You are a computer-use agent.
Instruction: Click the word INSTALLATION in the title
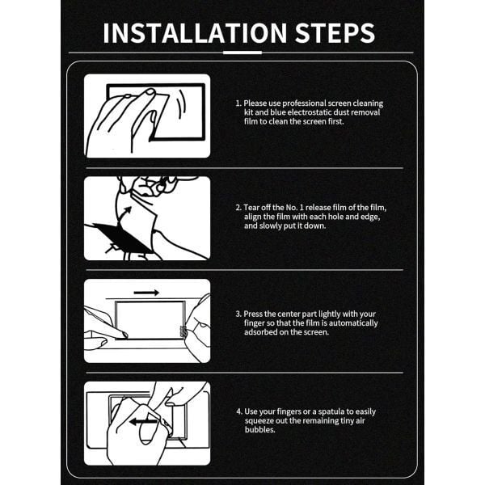(195, 33)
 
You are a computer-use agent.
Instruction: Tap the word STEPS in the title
(335, 33)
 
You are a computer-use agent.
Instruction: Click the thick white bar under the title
(242, 53)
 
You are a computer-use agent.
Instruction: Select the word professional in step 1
(304, 103)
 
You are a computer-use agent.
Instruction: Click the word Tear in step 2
(251, 207)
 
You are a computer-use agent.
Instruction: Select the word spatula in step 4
(331, 412)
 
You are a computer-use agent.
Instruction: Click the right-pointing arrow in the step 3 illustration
(146, 293)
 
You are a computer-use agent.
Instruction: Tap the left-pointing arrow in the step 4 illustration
(143, 422)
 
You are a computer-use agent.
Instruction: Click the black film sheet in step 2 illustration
(122, 238)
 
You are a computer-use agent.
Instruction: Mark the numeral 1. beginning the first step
(238, 103)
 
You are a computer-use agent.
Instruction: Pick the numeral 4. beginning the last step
(239, 411)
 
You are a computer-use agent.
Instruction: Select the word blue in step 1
(277, 112)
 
